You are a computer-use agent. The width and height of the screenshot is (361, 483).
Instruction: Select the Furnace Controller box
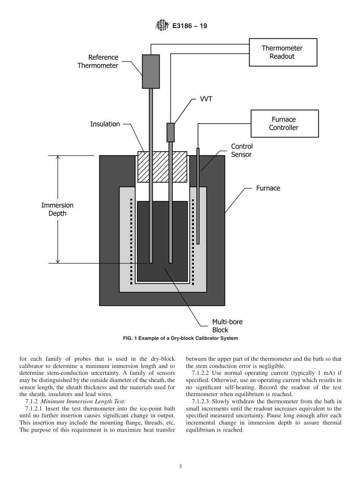tap(284, 123)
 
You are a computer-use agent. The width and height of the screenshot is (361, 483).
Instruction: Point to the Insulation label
tap(105, 124)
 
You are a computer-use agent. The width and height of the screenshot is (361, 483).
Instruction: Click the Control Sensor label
tap(242, 150)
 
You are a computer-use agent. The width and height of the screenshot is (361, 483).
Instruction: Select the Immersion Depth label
tap(57, 209)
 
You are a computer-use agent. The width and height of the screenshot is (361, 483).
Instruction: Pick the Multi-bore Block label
tap(227, 326)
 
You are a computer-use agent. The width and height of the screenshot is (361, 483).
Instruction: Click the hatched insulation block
tap(162, 167)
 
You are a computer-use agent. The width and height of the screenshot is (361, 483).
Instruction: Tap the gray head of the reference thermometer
tap(151, 71)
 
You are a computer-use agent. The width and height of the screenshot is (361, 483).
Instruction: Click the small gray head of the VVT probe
tap(171, 133)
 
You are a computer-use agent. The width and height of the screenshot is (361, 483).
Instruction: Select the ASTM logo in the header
tap(161, 26)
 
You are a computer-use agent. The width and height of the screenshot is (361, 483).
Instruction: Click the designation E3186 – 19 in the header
tap(190, 26)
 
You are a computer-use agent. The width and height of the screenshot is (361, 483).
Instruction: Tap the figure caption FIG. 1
tap(180, 338)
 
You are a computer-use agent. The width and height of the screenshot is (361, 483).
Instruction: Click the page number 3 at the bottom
tap(180, 467)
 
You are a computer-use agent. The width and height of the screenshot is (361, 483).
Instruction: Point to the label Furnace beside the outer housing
tap(268, 188)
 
